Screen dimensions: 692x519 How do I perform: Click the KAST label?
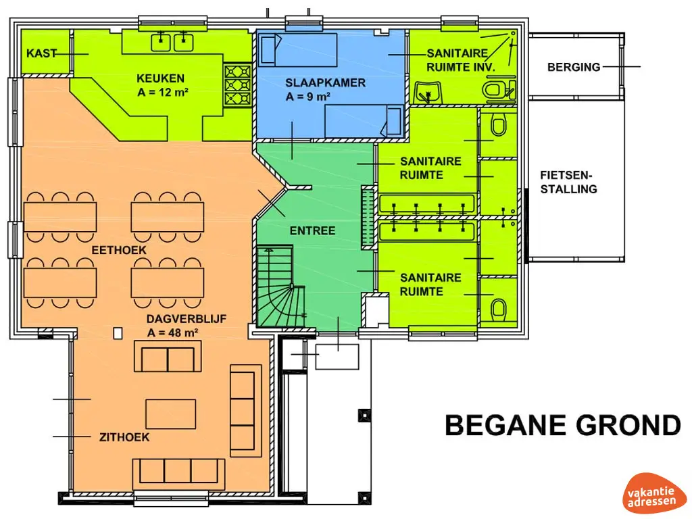pos(41,53)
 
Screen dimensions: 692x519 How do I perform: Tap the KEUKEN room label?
pos(160,78)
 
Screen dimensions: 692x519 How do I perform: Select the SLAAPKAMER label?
pos(325,82)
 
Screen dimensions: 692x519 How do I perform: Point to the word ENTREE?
pos(312,230)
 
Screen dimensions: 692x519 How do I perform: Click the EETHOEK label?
pos(119,250)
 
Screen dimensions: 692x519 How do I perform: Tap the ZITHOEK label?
pos(124,437)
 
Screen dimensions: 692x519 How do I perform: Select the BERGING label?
pos(574,67)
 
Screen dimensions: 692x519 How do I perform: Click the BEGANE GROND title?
pos(563,425)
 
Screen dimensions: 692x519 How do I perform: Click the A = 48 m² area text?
pos(172,332)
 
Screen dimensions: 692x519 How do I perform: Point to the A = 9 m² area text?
pos(308,96)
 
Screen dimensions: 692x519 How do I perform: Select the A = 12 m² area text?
pos(163,92)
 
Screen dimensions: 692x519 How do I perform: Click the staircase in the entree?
pos(281,287)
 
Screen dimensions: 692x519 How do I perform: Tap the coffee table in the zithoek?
pos(171,414)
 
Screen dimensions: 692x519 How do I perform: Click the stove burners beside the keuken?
pos(237,85)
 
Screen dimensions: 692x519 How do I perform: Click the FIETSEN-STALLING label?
pos(568,182)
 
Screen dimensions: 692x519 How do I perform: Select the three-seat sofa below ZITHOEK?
pos(178,471)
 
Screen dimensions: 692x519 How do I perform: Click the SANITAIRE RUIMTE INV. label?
pos(459,60)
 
